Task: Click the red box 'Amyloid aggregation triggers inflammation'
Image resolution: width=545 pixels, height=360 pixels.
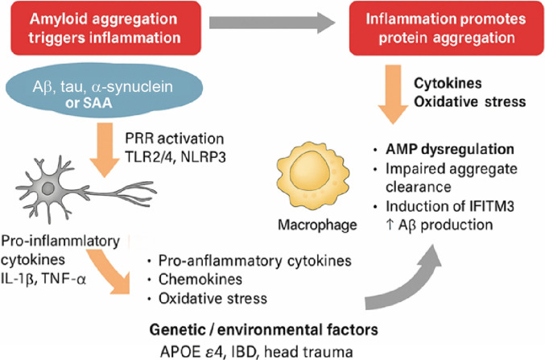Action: point(106,28)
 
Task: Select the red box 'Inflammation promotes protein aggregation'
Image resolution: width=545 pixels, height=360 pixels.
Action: point(447,28)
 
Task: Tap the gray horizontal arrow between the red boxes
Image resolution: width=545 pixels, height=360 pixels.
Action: point(272,23)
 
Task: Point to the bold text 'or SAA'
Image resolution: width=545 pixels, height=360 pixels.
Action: point(89,103)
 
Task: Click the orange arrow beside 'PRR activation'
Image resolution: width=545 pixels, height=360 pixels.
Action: point(105,150)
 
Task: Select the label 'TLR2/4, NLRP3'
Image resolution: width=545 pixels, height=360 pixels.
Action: point(175,157)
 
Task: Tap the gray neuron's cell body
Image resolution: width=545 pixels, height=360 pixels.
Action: point(48,189)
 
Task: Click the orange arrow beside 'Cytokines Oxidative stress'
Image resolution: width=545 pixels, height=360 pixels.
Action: point(393,94)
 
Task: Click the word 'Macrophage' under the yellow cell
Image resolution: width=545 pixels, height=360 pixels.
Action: point(317,225)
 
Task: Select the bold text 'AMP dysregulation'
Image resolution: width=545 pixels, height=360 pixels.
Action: point(450,149)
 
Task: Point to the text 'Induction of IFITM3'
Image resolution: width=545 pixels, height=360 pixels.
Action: point(450,206)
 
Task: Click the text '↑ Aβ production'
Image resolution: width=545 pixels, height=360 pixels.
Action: point(440,225)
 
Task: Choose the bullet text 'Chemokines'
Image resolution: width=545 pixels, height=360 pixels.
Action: point(200,279)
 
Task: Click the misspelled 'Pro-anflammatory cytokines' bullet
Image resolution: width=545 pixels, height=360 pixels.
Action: point(254,260)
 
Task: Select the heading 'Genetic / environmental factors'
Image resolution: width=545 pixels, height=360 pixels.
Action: point(263,329)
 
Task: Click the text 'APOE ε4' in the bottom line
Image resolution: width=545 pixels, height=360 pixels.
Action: point(186,351)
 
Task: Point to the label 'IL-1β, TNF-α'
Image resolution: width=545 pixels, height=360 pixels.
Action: point(43,279)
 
